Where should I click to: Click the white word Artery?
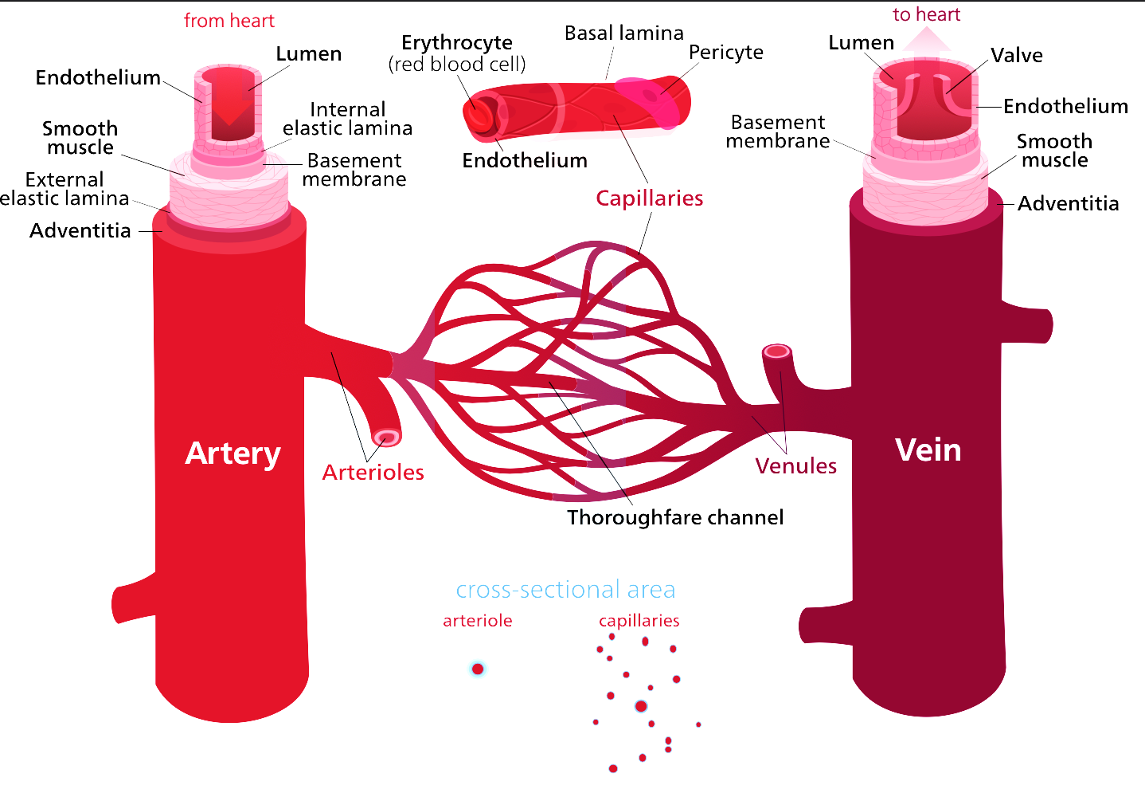[233, 453]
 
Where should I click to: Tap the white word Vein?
[928, 450]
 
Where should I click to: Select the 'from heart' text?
[229, 21]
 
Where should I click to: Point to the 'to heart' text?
[926, 14]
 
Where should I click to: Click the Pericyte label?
[725, 53]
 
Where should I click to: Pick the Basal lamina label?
[623, 33]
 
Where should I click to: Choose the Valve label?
[1016, 56]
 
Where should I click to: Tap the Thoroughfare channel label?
[675, 517]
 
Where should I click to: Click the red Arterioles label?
[373, 472]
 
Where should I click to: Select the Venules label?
[795, 465]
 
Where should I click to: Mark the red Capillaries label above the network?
[649, 198]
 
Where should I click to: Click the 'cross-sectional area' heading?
[565, 590]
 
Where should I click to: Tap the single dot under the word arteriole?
[478, 669]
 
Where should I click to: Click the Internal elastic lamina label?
[347, 119]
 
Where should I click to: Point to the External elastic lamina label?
[64, 189]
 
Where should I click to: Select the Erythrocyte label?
[457, 43]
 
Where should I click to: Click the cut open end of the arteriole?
[387, 437]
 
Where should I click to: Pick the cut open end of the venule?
[776, 351]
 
